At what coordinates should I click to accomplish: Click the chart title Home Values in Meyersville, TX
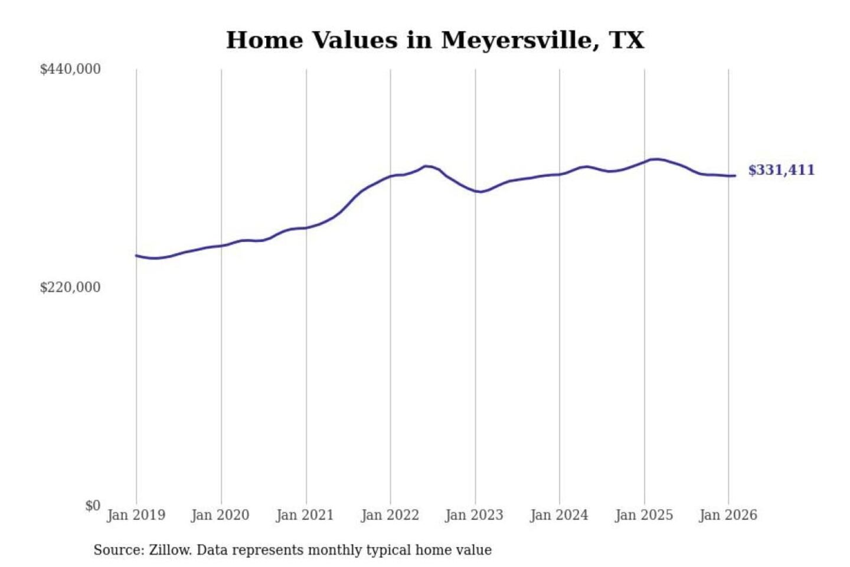coord(435,40)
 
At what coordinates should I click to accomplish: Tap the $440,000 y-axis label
coord(70,69)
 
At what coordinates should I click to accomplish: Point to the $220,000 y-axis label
coord(70,287)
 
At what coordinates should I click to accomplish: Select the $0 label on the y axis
coord(93,506)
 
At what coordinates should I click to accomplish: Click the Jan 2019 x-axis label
coord(136,515)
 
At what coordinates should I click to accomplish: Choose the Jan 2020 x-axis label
coord(220,515)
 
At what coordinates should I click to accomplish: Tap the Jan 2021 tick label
coord(305,515)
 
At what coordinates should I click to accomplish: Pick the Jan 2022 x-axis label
coord(390,515)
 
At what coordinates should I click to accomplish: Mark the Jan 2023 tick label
coord(474,515)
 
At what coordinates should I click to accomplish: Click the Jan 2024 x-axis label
coord(559,515)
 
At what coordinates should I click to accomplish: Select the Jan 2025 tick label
coord(643,515)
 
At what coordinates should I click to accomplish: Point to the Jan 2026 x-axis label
coord(728,515)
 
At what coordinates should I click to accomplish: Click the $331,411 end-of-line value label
coord(781,170)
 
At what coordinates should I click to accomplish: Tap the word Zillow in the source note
coord(169,550)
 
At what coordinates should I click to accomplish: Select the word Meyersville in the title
coord(516,40)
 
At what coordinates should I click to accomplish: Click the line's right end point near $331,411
coord(734,175)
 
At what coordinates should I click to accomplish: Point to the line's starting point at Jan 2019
coord(136,256)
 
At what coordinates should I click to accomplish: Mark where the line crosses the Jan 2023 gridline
coord(475,191)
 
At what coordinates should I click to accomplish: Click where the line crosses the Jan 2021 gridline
coord(306,227)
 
